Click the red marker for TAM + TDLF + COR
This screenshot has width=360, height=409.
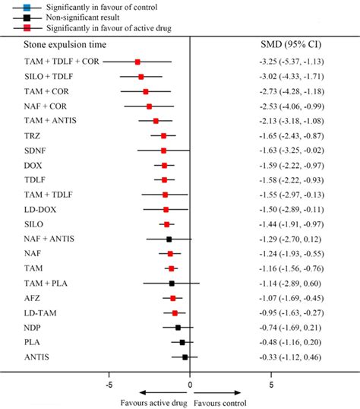tap(137, 62)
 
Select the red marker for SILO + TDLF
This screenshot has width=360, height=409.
tap(141, 77)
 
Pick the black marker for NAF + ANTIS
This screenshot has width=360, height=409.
tap(169, 239)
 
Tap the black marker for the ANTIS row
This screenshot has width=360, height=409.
tap(185, 357)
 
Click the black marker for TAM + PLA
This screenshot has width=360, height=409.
tap(172, 283)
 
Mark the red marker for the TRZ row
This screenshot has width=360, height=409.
tap(163, 135)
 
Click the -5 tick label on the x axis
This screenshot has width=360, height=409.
tap(109, 385)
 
